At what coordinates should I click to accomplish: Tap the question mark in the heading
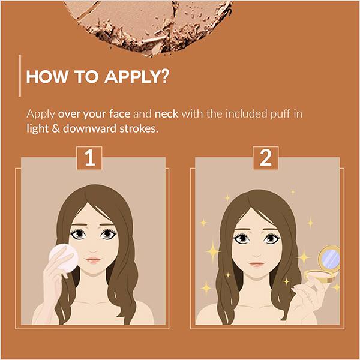tap(163, 79)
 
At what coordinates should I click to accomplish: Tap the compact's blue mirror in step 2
tap(331, 259)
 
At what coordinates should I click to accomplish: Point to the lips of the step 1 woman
tap(92, 260)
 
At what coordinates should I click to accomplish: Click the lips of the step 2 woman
tap(256, 263)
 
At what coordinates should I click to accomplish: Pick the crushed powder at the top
tap(150, 21)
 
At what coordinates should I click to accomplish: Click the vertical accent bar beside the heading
tap(21, 76)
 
